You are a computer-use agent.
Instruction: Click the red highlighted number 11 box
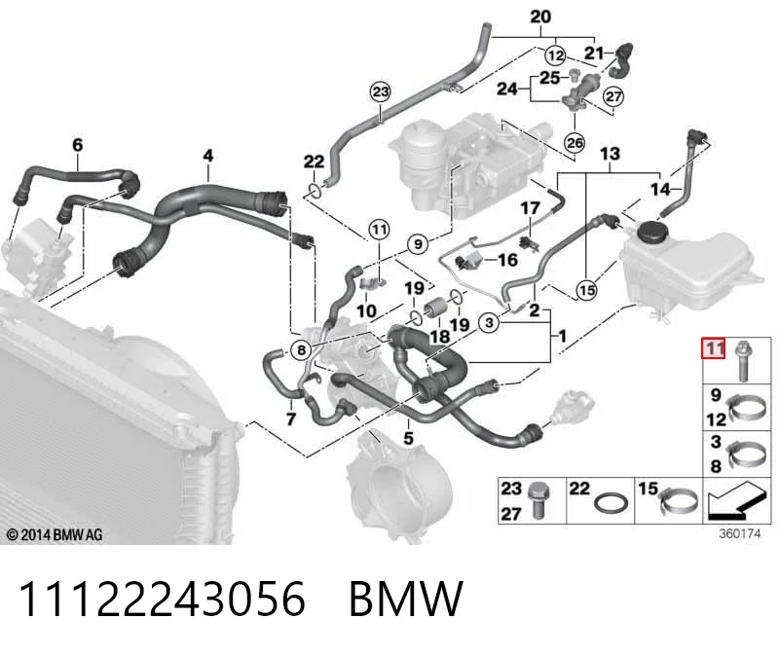(x=714, y=348)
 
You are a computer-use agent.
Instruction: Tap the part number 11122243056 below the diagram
(x=162, y=599)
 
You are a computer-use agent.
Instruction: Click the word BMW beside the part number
(x=406, y=599)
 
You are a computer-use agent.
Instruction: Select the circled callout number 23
(x=380, y=91)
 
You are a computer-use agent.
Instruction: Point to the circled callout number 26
(x=575, y=143)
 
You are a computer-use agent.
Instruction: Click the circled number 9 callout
(x=418, y=244)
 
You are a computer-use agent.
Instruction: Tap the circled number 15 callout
(x=587, y=289)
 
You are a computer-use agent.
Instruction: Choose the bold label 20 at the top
(x=540, y=17)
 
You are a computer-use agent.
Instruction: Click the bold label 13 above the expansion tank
(x=610, y=154)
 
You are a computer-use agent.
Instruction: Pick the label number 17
(x=530, y=208)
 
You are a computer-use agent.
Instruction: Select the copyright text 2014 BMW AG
(x=55, y=535)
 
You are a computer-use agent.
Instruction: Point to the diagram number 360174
(x=740, y=534)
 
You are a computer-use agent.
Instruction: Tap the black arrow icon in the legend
(x=734, y=501)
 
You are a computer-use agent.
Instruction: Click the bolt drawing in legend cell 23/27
(x=538, y=500)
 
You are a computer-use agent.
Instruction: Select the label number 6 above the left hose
(x=78, y=145)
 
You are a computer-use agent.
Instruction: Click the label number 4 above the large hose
(x=208, y=156)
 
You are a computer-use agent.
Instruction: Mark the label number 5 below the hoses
(x=408, y=439)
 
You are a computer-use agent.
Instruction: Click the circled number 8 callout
(x=301, y=350)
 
